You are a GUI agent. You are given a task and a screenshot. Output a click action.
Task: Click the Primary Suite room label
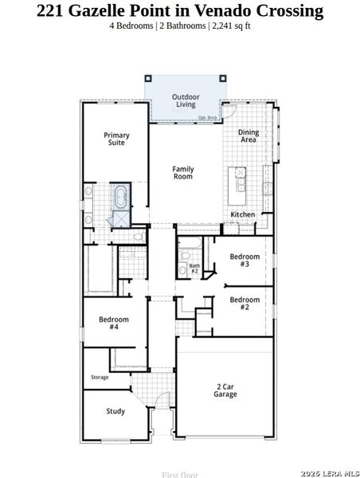[x=116, y=139]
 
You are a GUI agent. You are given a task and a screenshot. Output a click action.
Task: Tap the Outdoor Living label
[x=186, y=100]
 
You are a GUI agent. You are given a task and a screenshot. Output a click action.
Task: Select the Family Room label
[x=183, y=172]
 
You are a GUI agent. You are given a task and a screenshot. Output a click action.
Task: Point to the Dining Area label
[x=248, y=136]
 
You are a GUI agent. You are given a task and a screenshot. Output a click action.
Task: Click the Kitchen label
[x=243, y=214]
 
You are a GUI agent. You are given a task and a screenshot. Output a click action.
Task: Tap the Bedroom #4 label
[x=114, y=323]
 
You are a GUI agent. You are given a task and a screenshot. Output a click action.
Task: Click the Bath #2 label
[x=194, y=268]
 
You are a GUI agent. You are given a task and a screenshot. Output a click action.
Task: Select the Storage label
[x=100, y=377]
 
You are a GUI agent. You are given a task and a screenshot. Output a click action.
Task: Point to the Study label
[x=115, y=411]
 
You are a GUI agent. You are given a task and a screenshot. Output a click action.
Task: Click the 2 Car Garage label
[x=225, y=390]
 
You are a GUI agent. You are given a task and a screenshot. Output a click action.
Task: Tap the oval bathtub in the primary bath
[x=122, y=196]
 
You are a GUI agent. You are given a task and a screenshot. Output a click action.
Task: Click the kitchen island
[x=238, y=184]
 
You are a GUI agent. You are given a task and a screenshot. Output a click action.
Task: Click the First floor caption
[x=179, y=474]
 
